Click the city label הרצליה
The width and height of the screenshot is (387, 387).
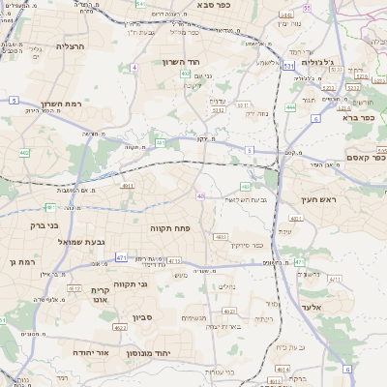point(71,45)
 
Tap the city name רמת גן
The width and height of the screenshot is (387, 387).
point(19,261)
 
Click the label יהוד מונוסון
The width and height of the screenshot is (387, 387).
point(174,353)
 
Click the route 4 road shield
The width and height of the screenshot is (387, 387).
point(134,68)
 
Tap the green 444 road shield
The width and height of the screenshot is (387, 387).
point(290,108)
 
